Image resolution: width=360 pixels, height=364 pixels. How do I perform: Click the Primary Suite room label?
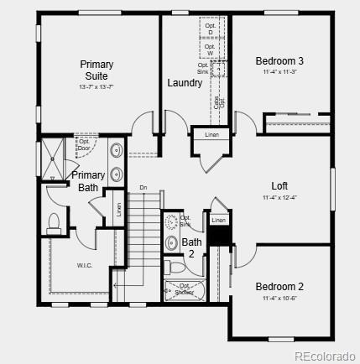(x=97, y=70)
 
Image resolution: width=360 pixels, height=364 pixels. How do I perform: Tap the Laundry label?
(x=185, y=83)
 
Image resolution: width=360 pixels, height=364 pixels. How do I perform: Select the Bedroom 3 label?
(x=279, y=61)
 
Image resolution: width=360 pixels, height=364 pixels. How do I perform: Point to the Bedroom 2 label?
(x=279, y=287)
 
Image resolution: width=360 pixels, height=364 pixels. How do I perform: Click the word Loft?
(x=279, y=186)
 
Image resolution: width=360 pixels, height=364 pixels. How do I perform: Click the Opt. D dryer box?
(x=211, y=29)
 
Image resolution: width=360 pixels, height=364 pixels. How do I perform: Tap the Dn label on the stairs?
(x=143, y=187)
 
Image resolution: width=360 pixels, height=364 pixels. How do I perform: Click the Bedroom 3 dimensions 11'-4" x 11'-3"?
(x=279, y=72)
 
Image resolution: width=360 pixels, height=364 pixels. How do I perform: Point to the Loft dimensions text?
(x=279, y=198)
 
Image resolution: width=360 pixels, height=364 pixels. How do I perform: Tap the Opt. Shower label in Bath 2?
(x=181, y=289)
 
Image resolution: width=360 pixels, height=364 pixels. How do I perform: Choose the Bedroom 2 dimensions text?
(x=279, y=298)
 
